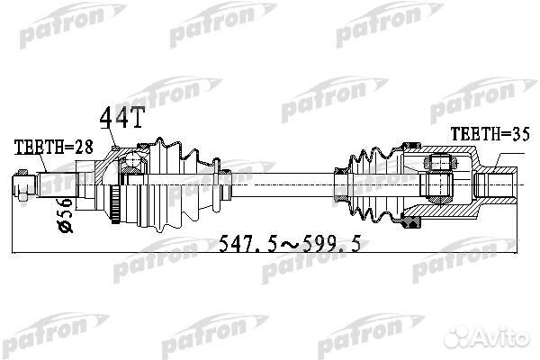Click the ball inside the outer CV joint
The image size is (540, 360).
[133, 163]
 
